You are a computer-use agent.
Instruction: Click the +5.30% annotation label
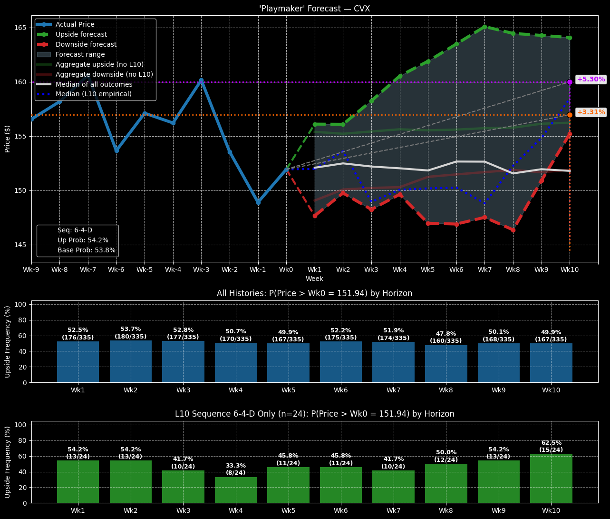coord(591,80)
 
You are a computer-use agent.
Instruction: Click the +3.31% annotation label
coord(591,112)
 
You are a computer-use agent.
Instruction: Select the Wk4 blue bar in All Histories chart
coord(235,362)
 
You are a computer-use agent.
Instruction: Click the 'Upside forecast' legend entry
coord(81,34)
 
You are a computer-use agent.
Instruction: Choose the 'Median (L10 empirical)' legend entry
coord(93,94)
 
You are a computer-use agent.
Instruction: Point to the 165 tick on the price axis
coord(22,28)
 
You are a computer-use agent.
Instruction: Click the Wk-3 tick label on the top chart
coord(201,269)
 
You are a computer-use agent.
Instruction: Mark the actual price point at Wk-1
coord(258,202)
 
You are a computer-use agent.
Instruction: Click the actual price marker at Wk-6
coord(116,150)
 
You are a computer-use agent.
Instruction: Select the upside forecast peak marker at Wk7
coord(484,27)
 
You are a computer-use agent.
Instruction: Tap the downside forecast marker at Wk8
coord(513,230)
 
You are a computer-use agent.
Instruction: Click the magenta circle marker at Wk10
coord(570,82)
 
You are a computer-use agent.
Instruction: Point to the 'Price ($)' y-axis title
coord(8,139)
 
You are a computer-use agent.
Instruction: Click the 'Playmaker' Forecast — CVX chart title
coord(314,9)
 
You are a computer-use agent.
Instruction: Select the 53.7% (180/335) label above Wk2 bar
coord(130,333)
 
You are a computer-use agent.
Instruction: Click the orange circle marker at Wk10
coord(570,115)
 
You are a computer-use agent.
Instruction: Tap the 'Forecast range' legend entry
coord(80,54)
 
